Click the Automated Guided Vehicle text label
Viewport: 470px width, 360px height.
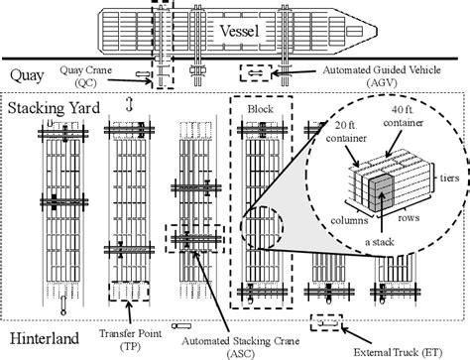point(381,74)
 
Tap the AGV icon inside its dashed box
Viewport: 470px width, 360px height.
point(256,73)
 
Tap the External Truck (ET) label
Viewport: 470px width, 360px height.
point(409,349)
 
